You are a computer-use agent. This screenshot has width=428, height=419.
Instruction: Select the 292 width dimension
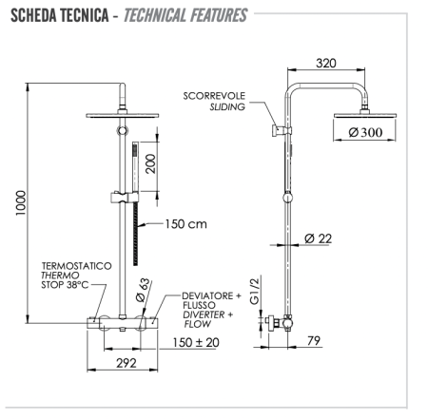[126, 362]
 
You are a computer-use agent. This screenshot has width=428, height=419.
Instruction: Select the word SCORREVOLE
[215, 96]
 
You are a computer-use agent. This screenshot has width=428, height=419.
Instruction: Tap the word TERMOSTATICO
[76, 266]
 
